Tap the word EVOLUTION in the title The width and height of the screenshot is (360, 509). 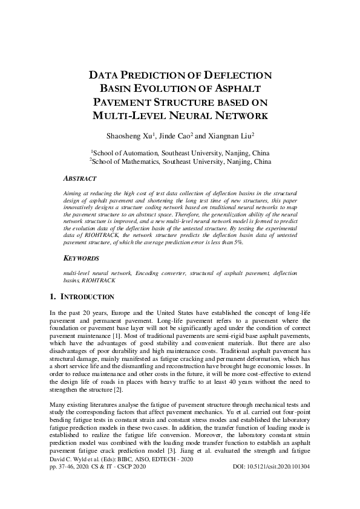(162, 88)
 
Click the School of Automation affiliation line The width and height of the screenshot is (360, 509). (180, 154)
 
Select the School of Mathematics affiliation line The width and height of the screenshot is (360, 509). (180, 162)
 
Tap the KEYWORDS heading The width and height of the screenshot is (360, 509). (82, 258)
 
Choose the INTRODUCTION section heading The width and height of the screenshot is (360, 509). (88, 297)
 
